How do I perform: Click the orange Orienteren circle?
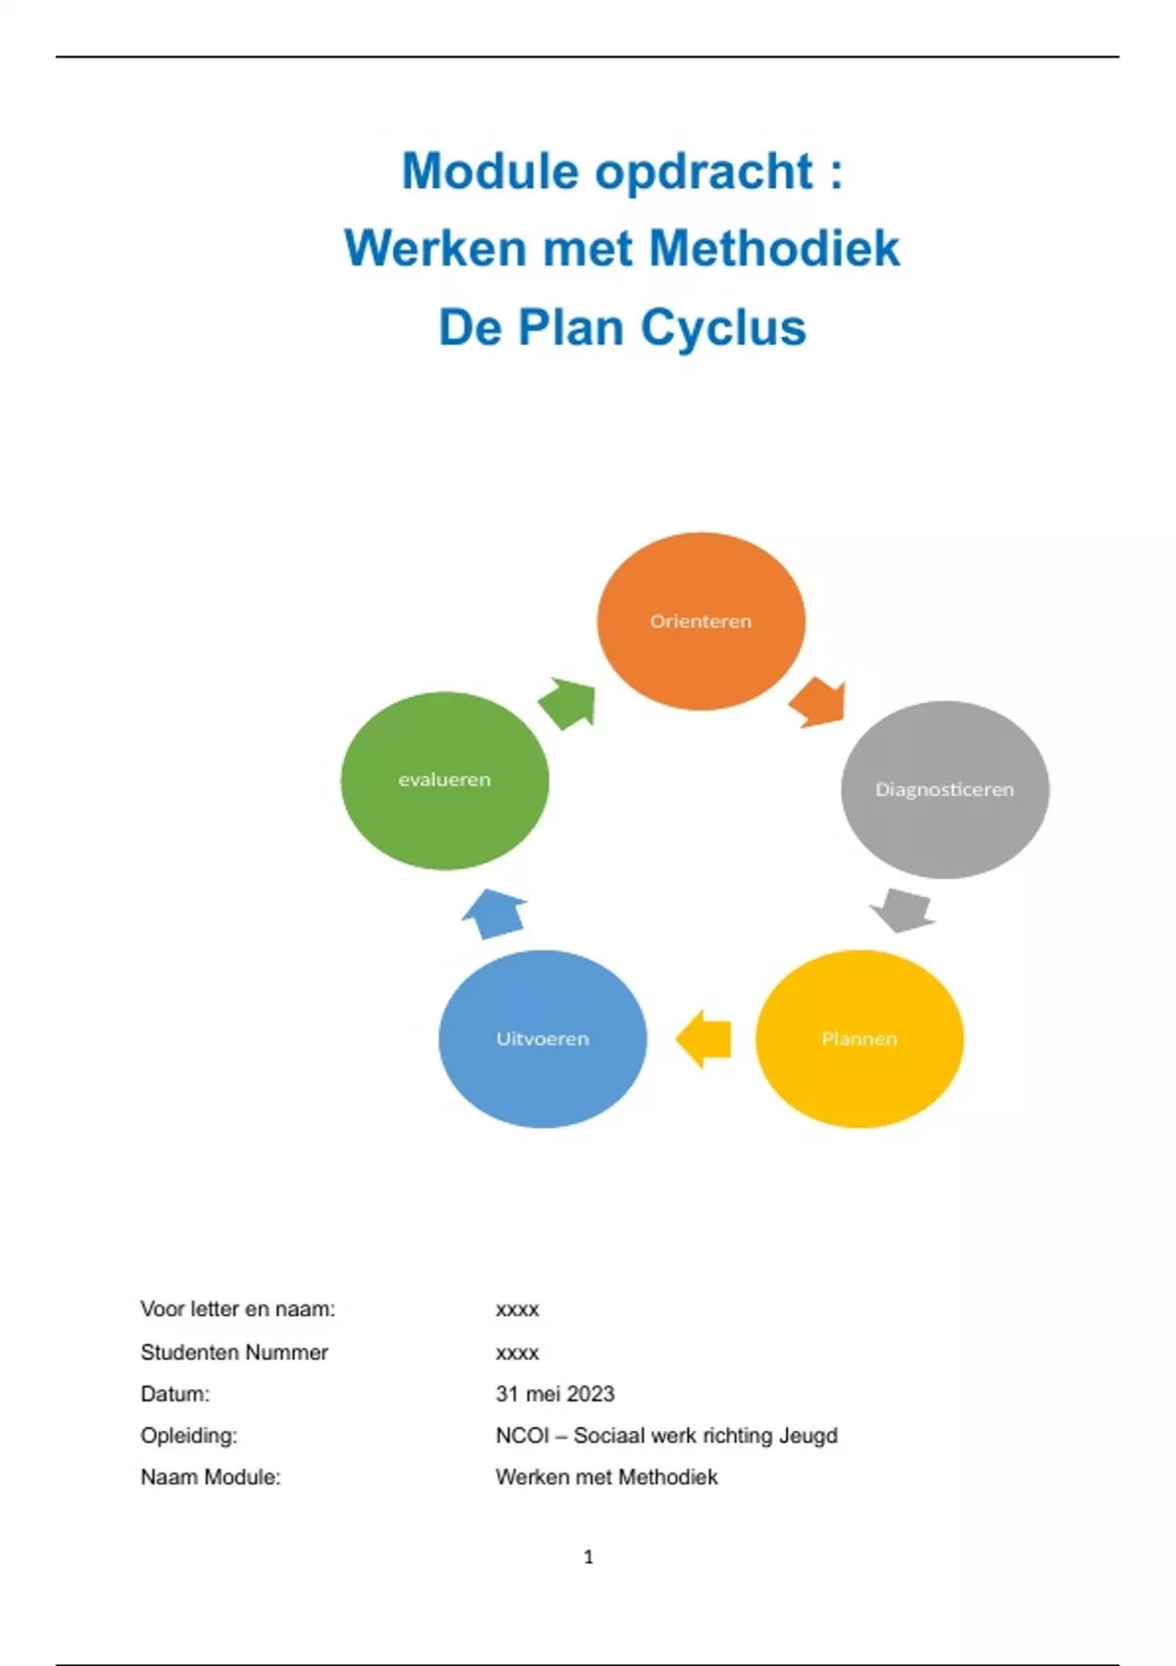pyautogui.click(x=701, y=621)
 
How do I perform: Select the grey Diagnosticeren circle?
pyautogui.click(x=945, y=789)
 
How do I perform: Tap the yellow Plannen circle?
pyautogui.click(x=859, y=1039)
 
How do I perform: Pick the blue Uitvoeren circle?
pyautogui.click(x=542, y=1039)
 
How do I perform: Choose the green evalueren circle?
pyautogui.click(x=444, y=780)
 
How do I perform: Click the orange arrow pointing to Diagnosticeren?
pyautogui.click(x=818, y=702)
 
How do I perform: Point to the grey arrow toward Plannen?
pyautogui.click(x=903, y=910)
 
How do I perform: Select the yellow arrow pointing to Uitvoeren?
pyautogui.click(x=705, y=1039)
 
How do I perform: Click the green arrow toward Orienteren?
pyautogui.click(x=568, y=703)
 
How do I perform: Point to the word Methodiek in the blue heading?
pyautogui.click(x=774, y=248)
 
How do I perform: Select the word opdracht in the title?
pyautogui.click(x=704, y=171)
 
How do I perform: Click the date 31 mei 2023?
pyautogui.click(x=555, y=1394)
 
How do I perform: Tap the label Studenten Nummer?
pyautogui.click(x=234, y=1352)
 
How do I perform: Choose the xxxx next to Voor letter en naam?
pyautogui.click(x=517, y=1309)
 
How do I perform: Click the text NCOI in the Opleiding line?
pyautogui.click(x=522, y=1436)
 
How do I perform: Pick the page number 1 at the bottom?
pyautogui.click(x=588, y=1556)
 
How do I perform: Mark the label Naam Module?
pyautogui.click(x=211, y=1477)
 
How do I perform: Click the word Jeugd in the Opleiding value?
pyautogui.click(x=808, y=1436)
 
